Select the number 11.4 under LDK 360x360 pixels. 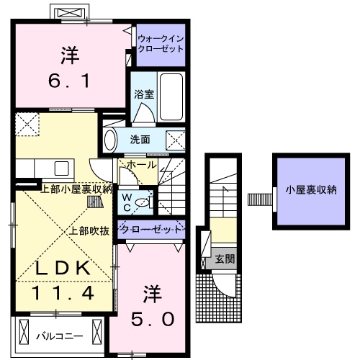[x=63, y=293]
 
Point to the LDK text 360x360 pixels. [x=63, y=268]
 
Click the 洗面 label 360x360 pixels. [x=140, y=139]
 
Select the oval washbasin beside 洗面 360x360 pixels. [x=111, y=139]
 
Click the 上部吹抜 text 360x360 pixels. [x=89, y=231]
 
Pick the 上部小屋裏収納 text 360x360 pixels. [x=75, y=189]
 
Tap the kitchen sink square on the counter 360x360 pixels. [x=60, y=168]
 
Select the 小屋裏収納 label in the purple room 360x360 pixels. [x=310, y=191]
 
